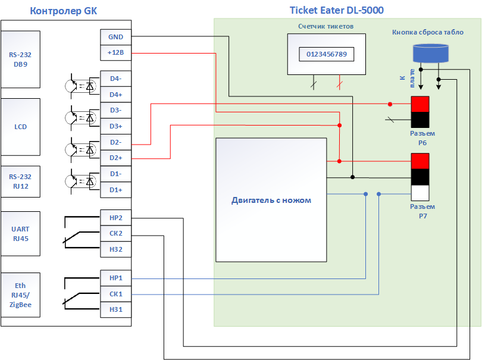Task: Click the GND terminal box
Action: point(115,37)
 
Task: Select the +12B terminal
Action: point(115,52)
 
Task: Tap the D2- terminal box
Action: point(115,142)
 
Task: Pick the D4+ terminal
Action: point(115,95)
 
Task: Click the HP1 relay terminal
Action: point(115,278)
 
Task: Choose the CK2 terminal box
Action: point(115,233)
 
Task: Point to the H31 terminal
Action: point(115,309)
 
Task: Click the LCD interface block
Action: point(21,127)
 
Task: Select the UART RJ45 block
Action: point(21,234)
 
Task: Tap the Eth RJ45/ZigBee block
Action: point(21,295)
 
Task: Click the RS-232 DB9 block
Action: point(21,60)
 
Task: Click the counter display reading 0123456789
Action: point(327,54)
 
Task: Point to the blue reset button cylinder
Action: point(431,53)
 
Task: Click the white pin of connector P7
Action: point(420,193)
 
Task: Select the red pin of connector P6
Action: point(420,104)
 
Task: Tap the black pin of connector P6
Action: point(420,120)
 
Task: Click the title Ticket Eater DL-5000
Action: point(337,10)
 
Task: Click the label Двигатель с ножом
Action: point(271,201)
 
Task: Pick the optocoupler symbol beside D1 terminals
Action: point(81,181)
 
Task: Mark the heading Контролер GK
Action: point(63,11)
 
